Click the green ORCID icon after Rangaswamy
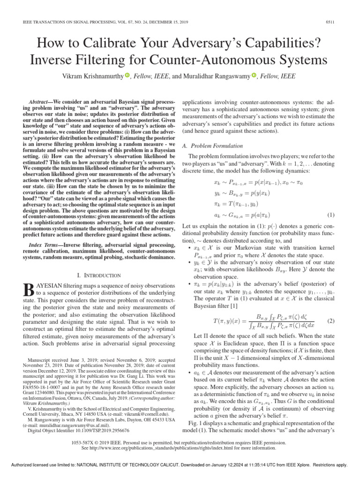[254, 76]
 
